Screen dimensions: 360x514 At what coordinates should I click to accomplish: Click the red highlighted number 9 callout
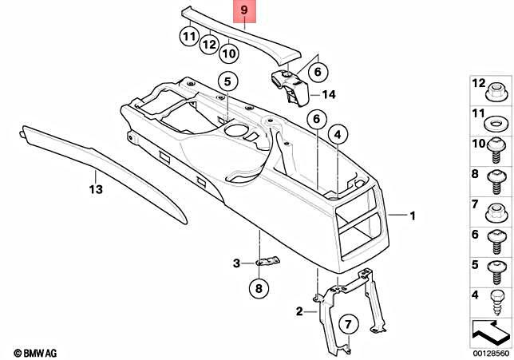tap(245, 13)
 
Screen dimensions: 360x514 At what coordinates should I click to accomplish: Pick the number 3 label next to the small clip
tap(237, 263)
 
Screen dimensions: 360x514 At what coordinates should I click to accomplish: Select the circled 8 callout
tap(259, 288)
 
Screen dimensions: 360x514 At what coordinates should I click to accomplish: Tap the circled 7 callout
tap(347, 323)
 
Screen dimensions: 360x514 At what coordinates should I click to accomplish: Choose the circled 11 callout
tap(188, 36)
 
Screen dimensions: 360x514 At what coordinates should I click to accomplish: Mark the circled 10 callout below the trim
tap(229, 53)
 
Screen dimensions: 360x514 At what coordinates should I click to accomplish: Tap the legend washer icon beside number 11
tap(495, 123)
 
